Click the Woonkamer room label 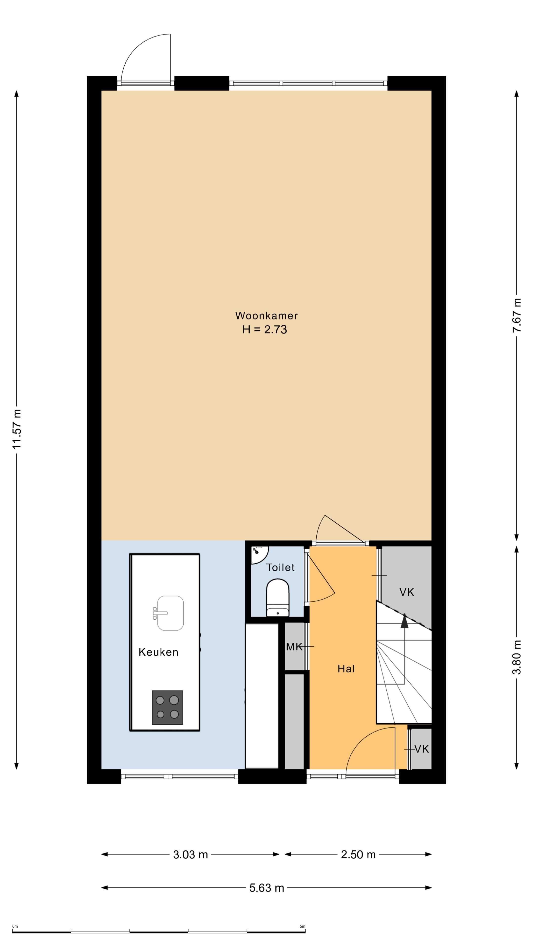click(x=266, y=316)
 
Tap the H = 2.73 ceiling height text click(x=265, y=329)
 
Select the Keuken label click(x=158, y=652)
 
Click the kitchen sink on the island click(x=169, y=613)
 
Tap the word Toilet click(x=280, y=568)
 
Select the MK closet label click(x=294, y=647)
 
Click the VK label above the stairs click(x=406, y=592)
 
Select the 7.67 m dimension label click(x=517, y=316)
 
